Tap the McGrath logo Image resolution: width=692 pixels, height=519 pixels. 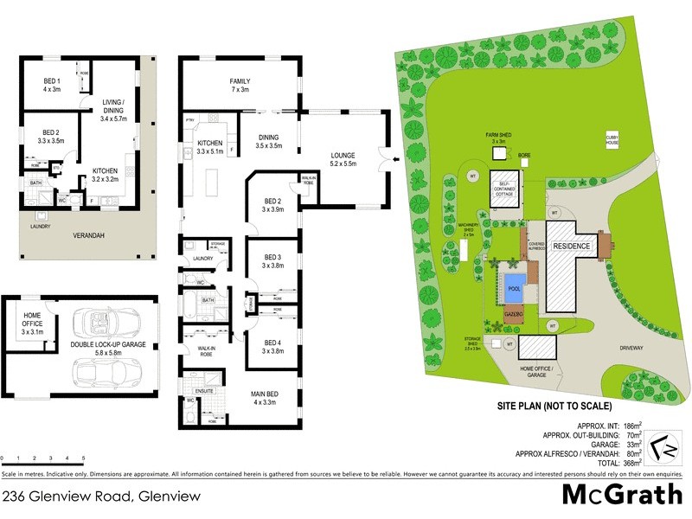[623, 494]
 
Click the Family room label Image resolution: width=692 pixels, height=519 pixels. [240, 84]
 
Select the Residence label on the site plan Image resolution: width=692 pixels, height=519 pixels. [571, 247]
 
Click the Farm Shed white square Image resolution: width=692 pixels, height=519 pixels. [499, 153]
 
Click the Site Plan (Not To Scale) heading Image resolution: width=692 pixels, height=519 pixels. [554, 405]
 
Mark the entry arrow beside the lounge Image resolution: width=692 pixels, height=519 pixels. [394, 157]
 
